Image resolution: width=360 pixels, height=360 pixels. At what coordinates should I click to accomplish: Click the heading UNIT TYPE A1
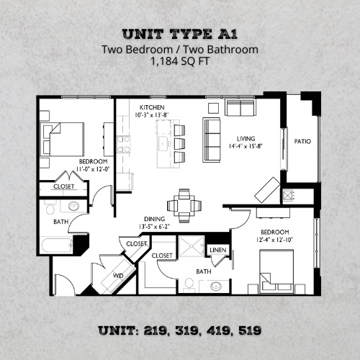tap(179, 34)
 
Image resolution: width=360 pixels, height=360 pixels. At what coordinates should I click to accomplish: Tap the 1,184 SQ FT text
tap(180, 63)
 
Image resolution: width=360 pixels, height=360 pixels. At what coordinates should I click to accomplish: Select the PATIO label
tap(302, 141)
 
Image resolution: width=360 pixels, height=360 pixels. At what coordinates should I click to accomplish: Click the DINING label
tap(154, 219)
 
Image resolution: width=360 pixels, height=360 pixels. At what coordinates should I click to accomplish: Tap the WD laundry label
tap(118, 276)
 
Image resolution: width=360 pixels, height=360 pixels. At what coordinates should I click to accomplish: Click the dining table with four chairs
tap(184, 203)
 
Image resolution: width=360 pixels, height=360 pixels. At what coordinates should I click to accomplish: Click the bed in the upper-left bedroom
tap(63, 136)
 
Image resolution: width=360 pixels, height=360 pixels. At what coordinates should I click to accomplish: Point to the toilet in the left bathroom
tap(51, 208)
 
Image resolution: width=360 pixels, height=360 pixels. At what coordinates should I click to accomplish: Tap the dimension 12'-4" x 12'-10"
tap(274, 239)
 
